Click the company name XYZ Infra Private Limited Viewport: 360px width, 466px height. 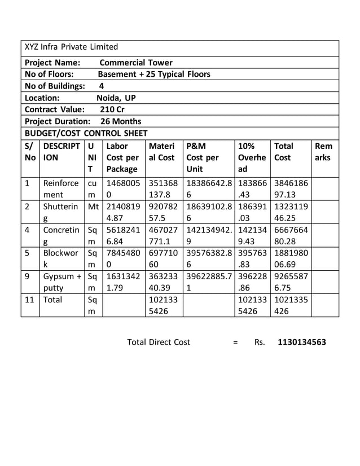[x=72, y=47]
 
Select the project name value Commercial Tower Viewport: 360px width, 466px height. [x=136, y=63]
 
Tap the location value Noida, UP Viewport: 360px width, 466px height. [x=116, y=98]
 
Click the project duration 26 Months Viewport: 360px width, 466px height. [x=121, y=121]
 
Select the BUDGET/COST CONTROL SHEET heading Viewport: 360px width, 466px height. [x=86, y=133]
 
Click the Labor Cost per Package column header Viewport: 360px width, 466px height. [x=123, y=157]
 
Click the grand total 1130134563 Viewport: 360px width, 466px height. [x=302, y=342]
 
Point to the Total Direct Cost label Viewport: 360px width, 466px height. [x=159, y=342]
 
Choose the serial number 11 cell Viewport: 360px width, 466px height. [x=30, y=301]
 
